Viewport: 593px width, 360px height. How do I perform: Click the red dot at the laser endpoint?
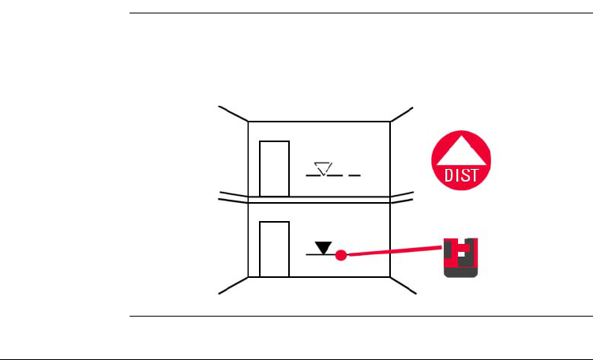point(340,255)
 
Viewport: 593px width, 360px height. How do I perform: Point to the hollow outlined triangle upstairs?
point(322,167)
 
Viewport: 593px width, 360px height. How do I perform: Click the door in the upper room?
point(274,167)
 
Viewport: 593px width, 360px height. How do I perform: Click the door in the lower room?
point(274,249)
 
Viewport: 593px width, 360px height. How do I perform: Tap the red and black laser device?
point(460,257)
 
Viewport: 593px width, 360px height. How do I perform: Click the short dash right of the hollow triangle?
point(355,174)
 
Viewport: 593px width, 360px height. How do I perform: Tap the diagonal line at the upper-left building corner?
point(233,113)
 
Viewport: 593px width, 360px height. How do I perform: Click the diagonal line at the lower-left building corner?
point(233,285)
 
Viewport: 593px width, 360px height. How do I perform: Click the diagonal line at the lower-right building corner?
point(403,285)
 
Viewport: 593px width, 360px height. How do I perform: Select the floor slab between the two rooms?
point(319,198)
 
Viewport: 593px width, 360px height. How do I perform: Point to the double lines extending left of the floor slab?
point(233,196)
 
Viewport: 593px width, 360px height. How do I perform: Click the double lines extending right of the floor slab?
point(402,196)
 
